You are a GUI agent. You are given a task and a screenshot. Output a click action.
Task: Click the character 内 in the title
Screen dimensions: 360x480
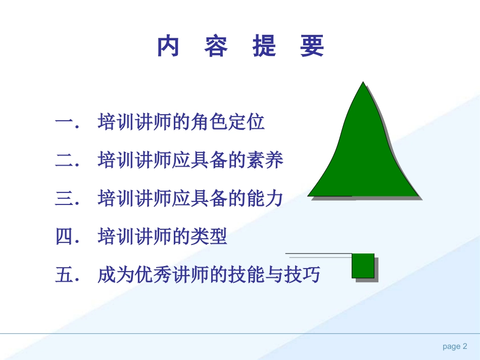tap(168, 46)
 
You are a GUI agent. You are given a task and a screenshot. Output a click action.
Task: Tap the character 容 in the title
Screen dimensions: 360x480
tap(216, 46)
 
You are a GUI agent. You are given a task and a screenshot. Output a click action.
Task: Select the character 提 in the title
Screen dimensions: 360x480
tap(264, 46)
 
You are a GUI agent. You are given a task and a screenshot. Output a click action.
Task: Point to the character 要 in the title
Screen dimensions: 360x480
tap(312, 46)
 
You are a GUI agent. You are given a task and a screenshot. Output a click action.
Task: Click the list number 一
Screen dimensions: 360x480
tap(65, 123)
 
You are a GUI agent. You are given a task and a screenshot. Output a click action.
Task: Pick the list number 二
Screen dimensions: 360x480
tap(65, 161)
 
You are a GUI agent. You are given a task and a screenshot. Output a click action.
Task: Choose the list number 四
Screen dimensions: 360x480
tap(65, 236)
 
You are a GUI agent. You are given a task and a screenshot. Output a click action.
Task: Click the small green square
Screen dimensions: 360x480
tap(363, 266)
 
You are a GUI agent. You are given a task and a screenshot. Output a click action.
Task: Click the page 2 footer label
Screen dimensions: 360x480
tap(455, 346)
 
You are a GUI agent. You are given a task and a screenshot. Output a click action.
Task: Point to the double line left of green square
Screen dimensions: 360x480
tap(318, 255)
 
